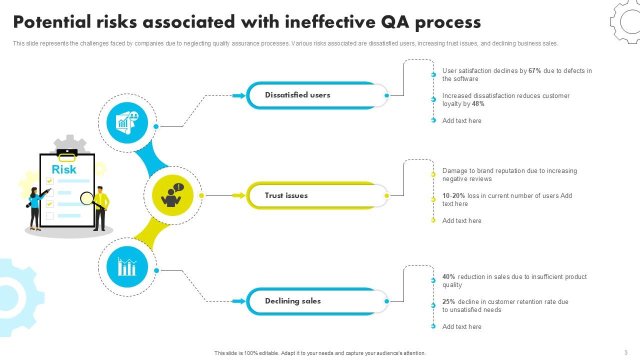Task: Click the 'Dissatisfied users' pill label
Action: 297,95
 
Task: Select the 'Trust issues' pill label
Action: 286,195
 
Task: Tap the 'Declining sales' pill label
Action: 292,301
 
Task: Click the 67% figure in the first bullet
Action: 534,71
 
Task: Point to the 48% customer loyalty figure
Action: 478,104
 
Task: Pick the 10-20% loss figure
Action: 453,196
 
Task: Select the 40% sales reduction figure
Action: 448,277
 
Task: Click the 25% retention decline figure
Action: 448,302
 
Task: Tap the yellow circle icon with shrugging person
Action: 172,195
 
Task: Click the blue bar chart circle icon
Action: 127,267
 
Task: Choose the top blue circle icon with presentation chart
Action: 127,122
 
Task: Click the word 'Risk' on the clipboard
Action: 64,169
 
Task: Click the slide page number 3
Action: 625,352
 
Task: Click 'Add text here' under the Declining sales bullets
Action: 461,327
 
